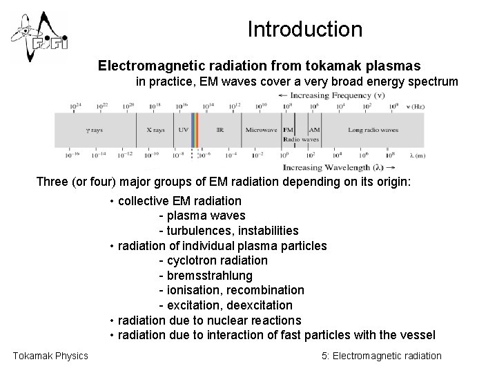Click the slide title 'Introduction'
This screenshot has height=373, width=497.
(304, 30)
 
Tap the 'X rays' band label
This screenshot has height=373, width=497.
(156, 130)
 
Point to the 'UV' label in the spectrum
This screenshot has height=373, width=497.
(183, 130)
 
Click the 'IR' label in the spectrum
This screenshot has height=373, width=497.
(220, 130)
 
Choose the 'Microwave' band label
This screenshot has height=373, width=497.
(262, 130)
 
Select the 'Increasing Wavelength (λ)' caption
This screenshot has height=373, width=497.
(338, 167)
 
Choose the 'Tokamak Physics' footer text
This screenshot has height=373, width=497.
(50, 356)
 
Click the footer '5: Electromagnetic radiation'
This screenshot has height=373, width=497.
(382, 356)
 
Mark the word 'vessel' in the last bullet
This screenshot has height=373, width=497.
(418, 336)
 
